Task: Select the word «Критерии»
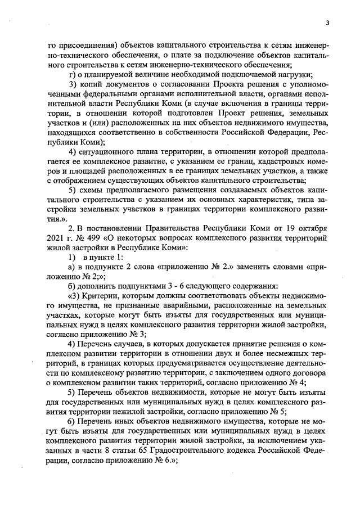coord(98,294)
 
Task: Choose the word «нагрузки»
coord(281,75)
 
